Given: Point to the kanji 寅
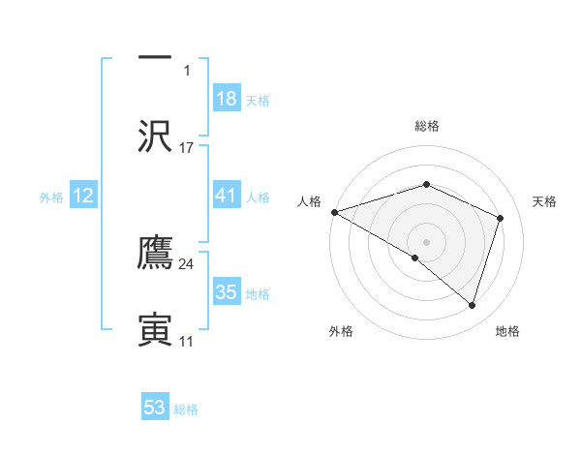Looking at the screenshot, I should coord(155,328).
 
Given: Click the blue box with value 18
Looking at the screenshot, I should coord(226,98).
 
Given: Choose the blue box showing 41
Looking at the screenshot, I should coord(226,195).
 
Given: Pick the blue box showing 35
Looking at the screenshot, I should coord(226,291).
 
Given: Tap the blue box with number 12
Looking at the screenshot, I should coord(83,195).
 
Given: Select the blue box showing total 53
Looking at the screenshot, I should coord(155,408).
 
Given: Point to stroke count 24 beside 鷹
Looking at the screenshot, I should coord(187,263).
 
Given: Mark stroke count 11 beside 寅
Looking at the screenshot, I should coord(187,341).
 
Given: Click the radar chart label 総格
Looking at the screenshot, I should coord(426,126).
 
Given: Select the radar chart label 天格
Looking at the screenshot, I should coord(544,201).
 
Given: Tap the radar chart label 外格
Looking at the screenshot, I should coord(341,331).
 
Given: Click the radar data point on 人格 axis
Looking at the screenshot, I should coord(334,212).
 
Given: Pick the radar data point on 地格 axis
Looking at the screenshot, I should coord(472,305).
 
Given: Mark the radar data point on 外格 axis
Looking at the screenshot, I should coord(415,258).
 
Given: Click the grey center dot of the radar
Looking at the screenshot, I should coord(426,241).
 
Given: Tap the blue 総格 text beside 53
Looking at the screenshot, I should coord(186,409).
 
